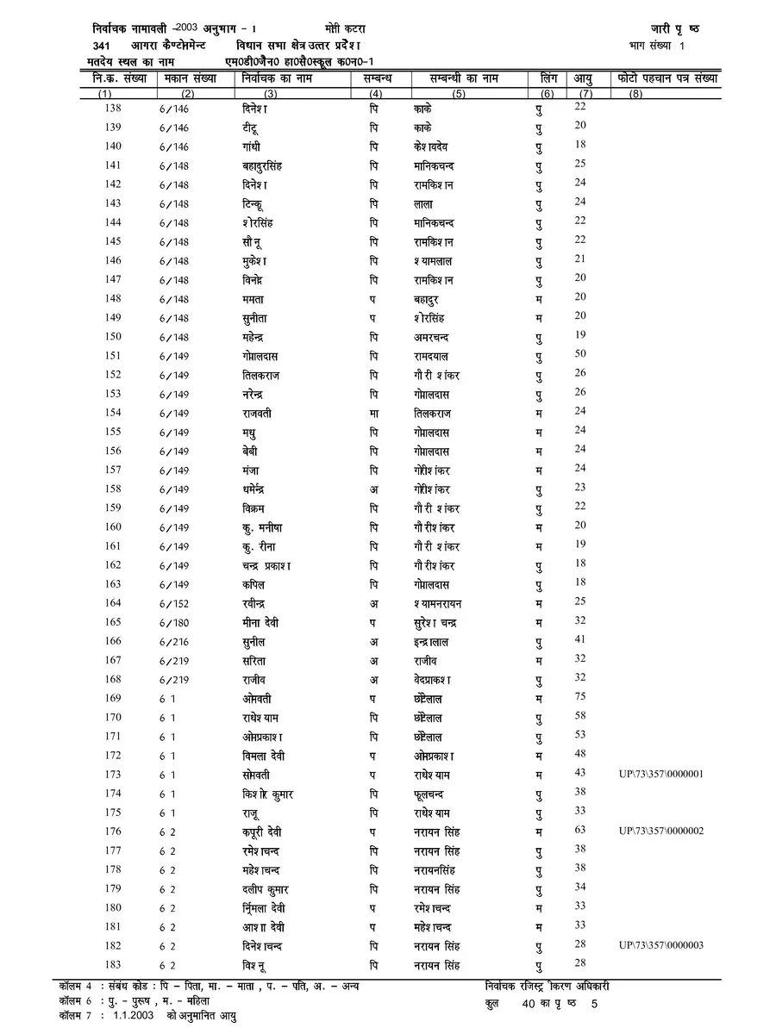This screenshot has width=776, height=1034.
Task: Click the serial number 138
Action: pos(112,108)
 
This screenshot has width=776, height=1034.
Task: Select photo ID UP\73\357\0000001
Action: pos(661,774)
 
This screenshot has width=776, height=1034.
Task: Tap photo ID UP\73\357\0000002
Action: pos(661,831)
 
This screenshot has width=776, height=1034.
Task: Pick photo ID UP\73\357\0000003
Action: pos(661,945)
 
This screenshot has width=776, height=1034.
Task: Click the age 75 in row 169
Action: pos(580,697)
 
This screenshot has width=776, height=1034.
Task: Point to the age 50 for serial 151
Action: pos(580,354)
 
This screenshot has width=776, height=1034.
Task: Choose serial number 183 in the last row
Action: pos(112,964)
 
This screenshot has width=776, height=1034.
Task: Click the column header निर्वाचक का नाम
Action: pos(277,79)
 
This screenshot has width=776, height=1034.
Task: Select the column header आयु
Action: pos(583,79)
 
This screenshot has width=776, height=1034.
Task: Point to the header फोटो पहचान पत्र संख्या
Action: pos(668,79)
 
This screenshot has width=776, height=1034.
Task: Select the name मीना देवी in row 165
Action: pos(260,622)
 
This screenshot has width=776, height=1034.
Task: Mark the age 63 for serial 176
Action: pos(580,830)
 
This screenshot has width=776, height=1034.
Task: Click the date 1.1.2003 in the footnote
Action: pos(131,1016)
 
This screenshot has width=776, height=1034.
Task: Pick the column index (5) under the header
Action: pos(458,93)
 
